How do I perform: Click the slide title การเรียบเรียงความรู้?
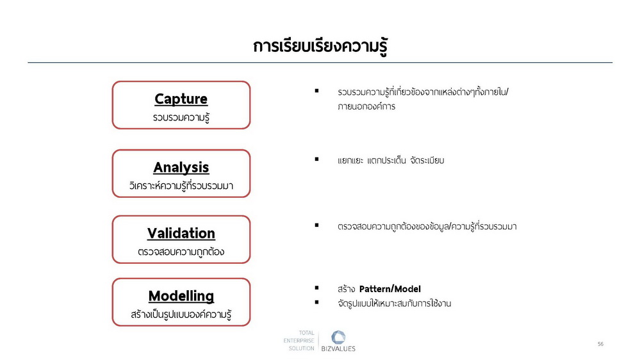[320, 46]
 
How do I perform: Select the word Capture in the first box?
[181, 99]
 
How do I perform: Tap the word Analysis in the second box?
[181, 168]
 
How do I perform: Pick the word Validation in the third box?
[181, 233]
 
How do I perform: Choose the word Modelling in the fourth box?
[181, 297]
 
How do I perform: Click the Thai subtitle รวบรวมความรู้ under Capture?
[181, 118]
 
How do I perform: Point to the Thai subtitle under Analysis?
[181, 186]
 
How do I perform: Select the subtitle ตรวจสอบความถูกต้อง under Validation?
[181, 252]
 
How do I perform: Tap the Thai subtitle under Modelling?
[181, 315]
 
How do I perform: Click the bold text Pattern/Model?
[390, 289]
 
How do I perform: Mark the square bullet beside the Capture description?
[316, 90]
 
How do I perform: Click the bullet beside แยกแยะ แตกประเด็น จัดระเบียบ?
[316, 160]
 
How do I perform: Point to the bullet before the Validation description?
[316, 225]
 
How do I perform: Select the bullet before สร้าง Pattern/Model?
[316, 288]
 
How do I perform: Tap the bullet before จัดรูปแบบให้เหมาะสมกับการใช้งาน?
[316, 302]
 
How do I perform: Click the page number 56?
[600, 344]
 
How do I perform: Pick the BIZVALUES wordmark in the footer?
[338, 349]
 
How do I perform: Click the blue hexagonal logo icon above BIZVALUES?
[338, 338]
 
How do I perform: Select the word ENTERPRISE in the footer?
[299, 340]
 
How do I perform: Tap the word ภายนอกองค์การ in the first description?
[366, 106]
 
